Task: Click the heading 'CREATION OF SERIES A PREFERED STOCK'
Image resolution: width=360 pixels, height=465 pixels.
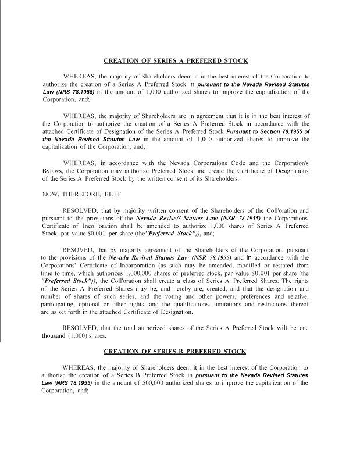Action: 176,60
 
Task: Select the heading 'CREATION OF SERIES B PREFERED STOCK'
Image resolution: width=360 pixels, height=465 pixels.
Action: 174,352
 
